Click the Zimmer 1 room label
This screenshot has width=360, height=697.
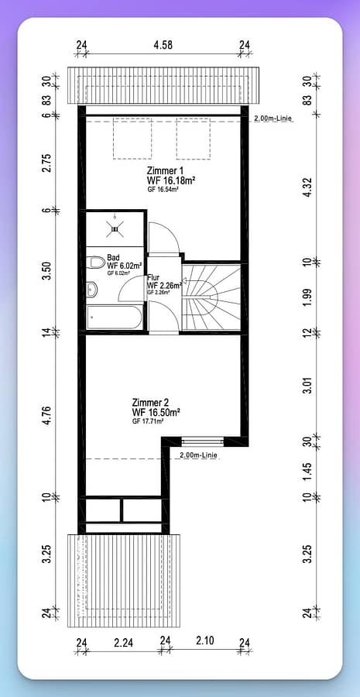pyautogui.click(x=165, y=171)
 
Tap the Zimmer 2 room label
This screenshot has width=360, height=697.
pyautogui.click(x=150, y=402)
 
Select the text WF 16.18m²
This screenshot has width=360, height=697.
pyautogui.click(x=172, y=180)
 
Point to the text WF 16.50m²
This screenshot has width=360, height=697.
pyautogui.click(x=156, y=412)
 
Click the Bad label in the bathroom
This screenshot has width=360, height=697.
pyautogui.click(x=113, y=258)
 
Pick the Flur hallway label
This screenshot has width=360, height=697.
pyautogui.click(x=153, y=277)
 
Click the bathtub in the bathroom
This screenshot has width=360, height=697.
pyautogui.click(x=115, y=317)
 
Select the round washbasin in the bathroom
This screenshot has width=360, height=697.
pyautogui.click(x=92, y=289)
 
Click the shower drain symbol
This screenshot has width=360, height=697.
pyautogui.click(x=115, y=228)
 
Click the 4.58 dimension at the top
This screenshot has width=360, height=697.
pyautogui.click(x=163, y=46)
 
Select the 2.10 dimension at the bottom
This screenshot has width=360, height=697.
pyautogui.click(x=205, y=640)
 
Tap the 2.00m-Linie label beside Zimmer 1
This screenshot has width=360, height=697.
pyautogui.click(x=274, y=118)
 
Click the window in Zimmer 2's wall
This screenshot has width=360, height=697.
pyautogui.click(x=203, y=441)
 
